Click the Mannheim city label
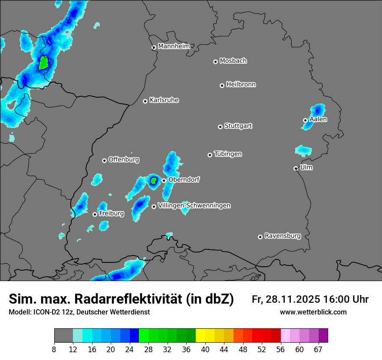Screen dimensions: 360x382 click(174, 46)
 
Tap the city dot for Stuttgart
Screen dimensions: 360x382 click(220, 127)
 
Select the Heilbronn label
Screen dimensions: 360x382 click(241, 84)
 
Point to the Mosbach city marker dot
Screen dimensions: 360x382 click(215, 62)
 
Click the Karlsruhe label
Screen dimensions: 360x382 click(164, 100)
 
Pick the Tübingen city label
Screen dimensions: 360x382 click(228, 154)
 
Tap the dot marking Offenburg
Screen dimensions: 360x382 click(104, 160)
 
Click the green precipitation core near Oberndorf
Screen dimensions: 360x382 click(153, 180)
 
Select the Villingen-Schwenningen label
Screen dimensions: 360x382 click(194, 206)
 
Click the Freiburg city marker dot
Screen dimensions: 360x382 click(95, 214)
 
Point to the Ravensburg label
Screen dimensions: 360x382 click(283, 236)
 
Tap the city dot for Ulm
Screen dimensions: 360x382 click(296, 168)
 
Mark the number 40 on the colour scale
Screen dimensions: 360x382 click(205, 350)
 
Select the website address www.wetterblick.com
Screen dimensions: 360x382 click(313, 312)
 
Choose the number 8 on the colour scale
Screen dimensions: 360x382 click(54, 350)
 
